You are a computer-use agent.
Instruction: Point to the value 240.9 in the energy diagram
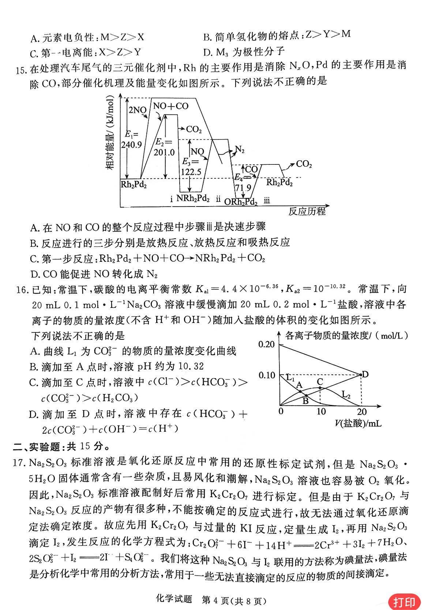point(133,144)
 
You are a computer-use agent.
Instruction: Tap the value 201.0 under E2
point(165,152)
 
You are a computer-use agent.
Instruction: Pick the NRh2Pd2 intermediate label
point(193,198)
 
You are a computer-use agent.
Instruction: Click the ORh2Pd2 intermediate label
point(241,201)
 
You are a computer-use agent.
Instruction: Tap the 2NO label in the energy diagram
point(137,110)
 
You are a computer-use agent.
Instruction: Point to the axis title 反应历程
point(307,211)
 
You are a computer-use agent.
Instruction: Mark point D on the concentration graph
point(365,374)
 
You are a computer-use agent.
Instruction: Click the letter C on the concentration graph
point(320,382)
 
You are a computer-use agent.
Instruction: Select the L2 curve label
point(346,394)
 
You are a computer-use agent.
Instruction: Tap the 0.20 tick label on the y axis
point(266,344)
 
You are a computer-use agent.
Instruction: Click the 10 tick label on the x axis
point(321,411)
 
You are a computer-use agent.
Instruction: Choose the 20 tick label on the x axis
point(362,411)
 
